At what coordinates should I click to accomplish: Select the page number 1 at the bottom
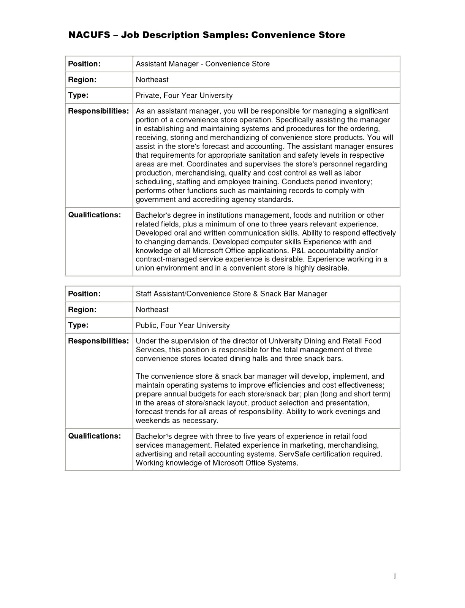click(x=395, y=576)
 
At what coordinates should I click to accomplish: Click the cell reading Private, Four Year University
click(x=184, y=95)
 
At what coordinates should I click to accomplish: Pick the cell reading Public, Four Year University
click(x=183, y=325)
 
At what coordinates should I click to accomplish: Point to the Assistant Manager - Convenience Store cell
click(x=202, y=64)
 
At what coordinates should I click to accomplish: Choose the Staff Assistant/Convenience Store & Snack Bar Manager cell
click(x=231, y=294)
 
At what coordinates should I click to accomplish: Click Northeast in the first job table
click(x=152, y=80)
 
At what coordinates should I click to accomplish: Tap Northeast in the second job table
click(x=152, y=310)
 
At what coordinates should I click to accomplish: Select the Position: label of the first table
click(x=84, y=64)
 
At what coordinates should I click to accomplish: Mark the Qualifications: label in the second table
click(x=94, y=436)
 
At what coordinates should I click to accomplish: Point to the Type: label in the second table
click(x=78, y=325)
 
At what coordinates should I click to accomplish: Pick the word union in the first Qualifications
click(x=145, y=268)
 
